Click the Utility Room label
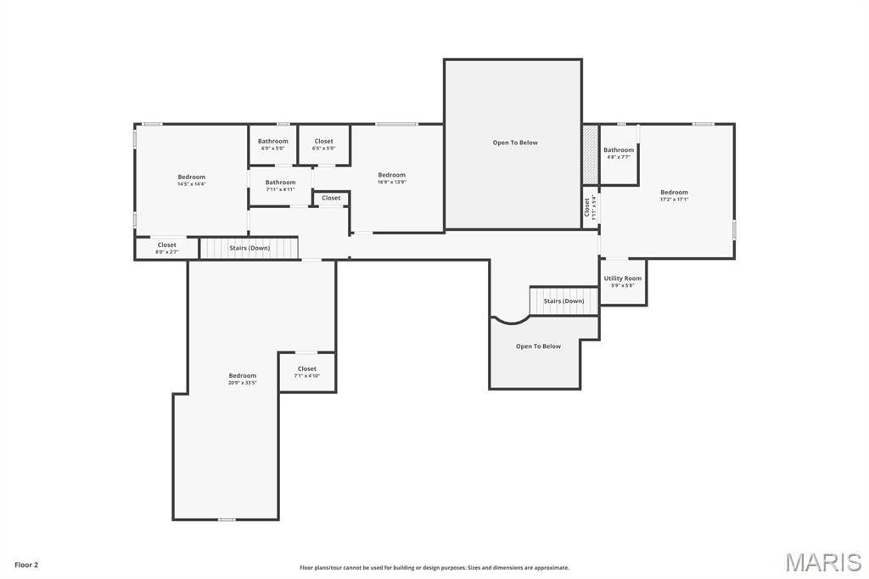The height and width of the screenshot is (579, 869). [623, 278]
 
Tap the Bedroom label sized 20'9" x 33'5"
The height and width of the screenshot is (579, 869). [242, 376]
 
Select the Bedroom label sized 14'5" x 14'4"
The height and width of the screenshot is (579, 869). [191, 177]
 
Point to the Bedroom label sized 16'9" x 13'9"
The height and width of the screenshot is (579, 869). [391, 176]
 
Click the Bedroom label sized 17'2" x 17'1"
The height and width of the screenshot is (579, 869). [674, 193]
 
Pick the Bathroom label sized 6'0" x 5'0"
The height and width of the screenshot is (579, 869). [272, 142]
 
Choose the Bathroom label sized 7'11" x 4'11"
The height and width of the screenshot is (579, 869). [280, 183]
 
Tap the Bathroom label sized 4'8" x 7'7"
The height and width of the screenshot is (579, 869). [619, 150]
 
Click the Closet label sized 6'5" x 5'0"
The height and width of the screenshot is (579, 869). [323, 142]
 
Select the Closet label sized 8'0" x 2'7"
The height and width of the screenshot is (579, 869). [167, 245]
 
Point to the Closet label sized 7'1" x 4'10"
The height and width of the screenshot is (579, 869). [306, 369]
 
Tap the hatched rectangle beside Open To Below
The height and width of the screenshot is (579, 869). [590, 154]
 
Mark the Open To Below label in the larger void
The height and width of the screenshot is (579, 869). [515, 143]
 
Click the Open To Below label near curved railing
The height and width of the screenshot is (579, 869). [538, 346]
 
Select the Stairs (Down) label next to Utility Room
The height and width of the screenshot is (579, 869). [563, 301]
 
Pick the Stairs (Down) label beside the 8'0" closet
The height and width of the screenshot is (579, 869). [249, 248]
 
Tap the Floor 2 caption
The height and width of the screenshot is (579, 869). [26, 565]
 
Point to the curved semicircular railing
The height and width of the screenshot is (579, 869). [512, 320]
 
